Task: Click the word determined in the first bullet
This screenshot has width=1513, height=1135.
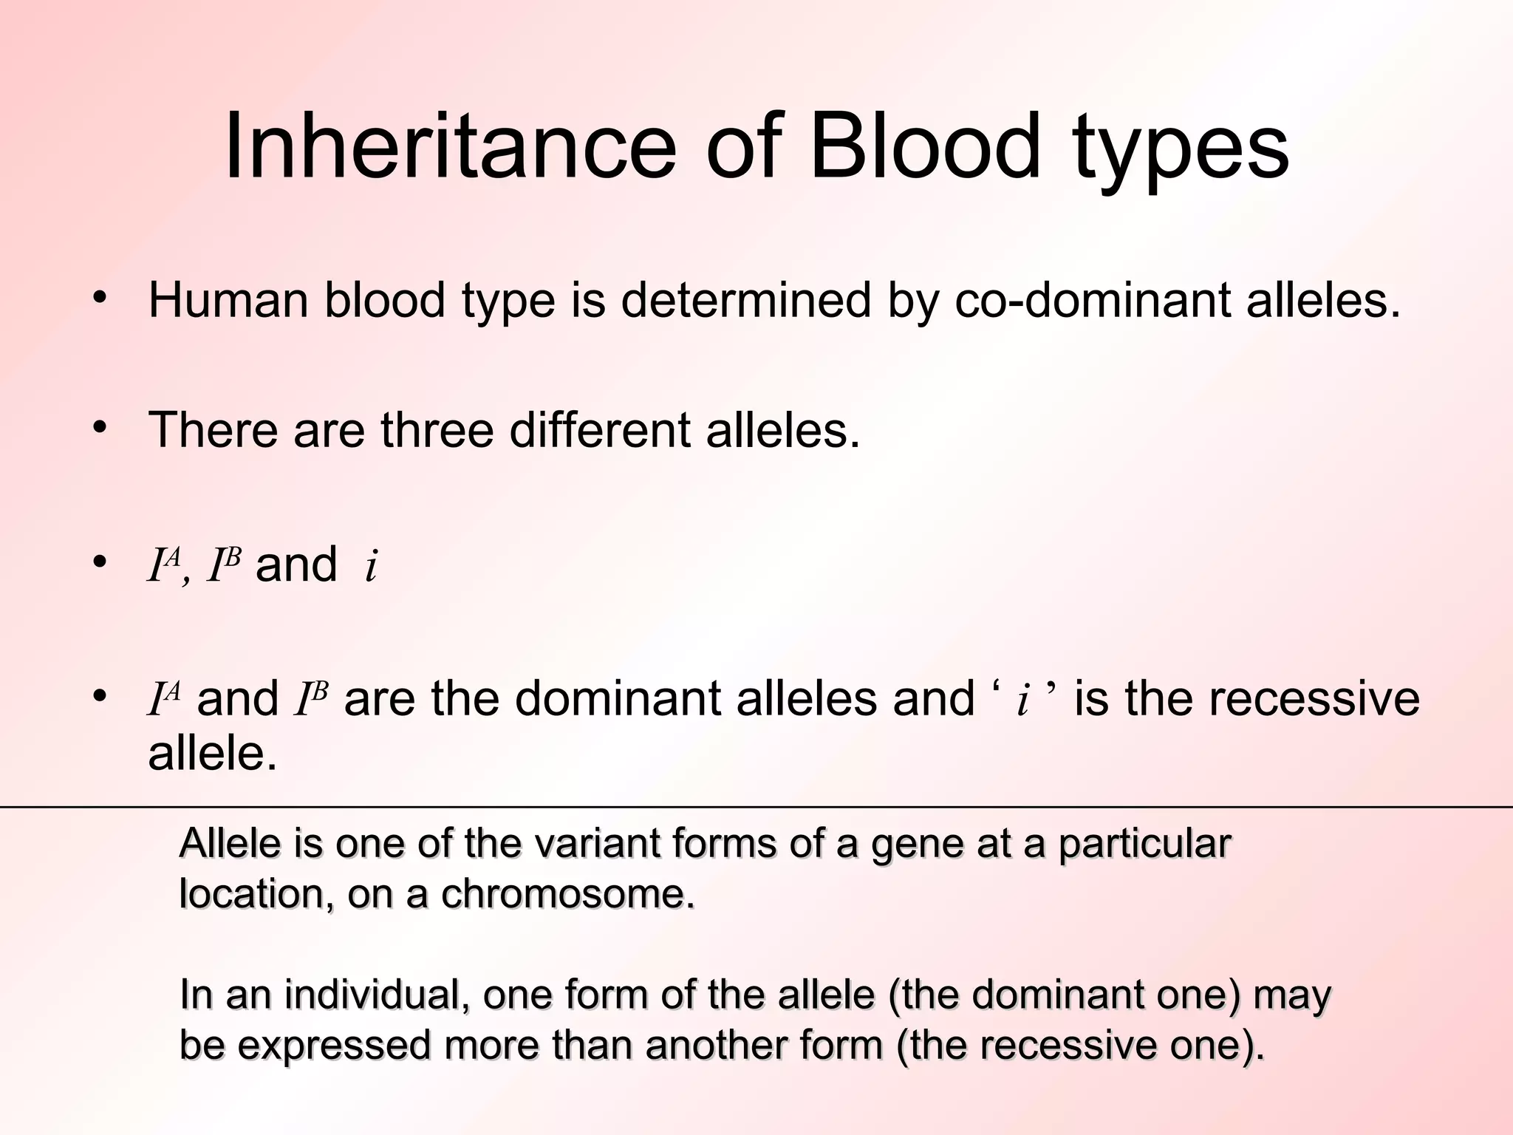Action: [746, 301]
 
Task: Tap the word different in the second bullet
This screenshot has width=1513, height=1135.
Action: [599, 429]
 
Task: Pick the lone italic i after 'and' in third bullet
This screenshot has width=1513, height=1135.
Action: [372, 567]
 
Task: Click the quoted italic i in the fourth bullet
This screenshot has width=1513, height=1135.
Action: [1022, 701]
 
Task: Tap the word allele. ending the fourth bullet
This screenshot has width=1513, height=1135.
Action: [213, 754]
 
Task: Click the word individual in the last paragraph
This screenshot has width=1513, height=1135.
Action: [377, 995]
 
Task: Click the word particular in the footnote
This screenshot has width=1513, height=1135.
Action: [1144, 845]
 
